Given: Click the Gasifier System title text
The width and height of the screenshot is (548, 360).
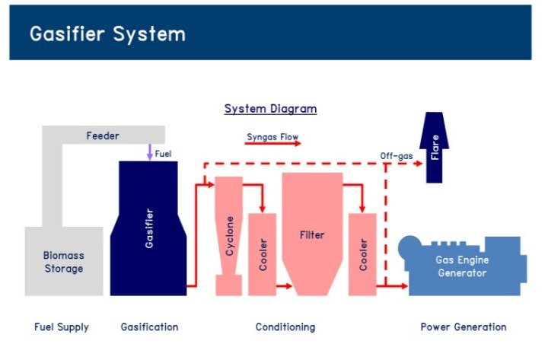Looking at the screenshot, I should click(x=107, y=34).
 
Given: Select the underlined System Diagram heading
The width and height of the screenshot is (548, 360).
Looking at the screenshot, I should click(x=270, y=109).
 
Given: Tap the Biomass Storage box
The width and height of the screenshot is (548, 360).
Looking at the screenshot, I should click(x=63, y=263).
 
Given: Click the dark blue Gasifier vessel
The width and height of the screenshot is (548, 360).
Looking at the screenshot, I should click(x=148, y=228).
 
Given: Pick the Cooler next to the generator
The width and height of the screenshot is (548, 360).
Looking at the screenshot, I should click(x=363, y=255).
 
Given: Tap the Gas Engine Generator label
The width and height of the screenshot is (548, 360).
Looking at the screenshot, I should click(x=461, y=266).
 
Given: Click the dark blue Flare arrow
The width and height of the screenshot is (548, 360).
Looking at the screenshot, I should click(x=435, y=148).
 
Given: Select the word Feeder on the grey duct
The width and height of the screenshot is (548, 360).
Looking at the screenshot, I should click(x=102, y=136).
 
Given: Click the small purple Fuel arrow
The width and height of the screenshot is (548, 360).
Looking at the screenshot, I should click(x=150, y=151).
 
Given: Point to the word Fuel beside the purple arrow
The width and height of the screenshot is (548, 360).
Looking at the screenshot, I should click(x=164, y=154).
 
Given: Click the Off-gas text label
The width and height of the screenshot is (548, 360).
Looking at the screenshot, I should click(x=397, y=156).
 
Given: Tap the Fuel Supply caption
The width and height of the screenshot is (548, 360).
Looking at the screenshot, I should click(x=62, y=327).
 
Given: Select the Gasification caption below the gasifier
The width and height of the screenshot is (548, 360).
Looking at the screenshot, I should click(x=149, y=327).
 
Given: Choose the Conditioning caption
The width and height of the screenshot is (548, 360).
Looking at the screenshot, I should click(x=285, y=327).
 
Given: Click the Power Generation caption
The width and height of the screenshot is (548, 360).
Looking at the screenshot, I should click(x=463, y=327).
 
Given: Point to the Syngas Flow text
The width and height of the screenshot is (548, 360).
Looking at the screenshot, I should click(x=272, y=137).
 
